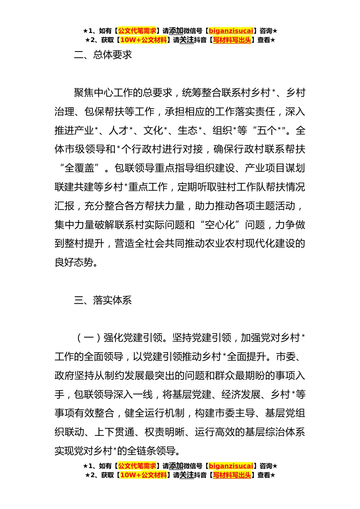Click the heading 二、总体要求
(x=103, y=55)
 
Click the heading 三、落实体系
(x=103, y=300)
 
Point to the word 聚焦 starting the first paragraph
(x=84, y=93)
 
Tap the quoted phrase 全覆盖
(x=80, y=168)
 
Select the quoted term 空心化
(x=220, y=225)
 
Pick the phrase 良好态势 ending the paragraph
(x=74, y=262)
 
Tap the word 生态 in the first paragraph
(x=188, y=131)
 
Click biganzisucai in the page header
(x=231, y=31)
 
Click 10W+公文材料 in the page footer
(x=143, y=475)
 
